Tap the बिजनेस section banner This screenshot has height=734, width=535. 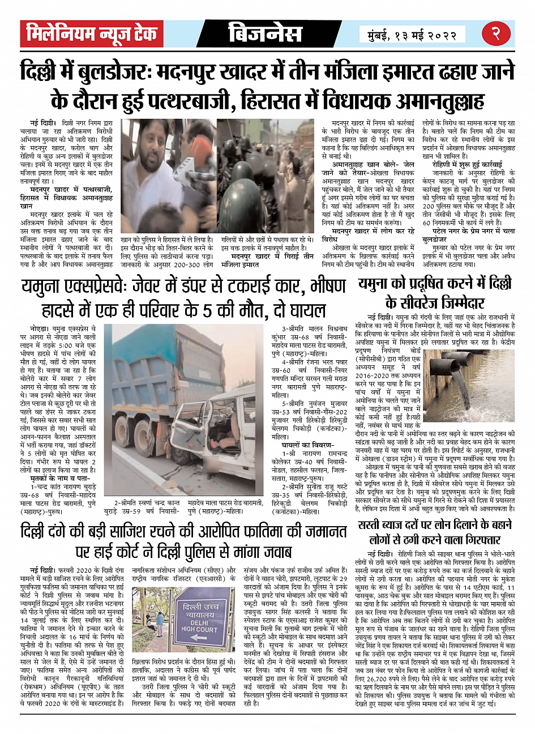[267, 34]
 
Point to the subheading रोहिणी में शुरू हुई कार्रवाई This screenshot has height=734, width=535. [469, 164]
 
